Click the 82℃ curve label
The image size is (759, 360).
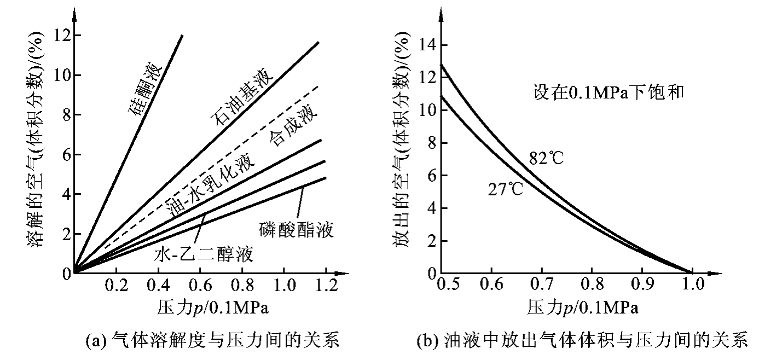click(x=547, y=158)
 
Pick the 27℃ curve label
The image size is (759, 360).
click(x=505, y=189)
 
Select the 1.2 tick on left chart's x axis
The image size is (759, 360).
click(x=325, y=285)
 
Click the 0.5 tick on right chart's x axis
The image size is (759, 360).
click(x=443, y=285)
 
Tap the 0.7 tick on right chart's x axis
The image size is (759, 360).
click(x=542, y=285)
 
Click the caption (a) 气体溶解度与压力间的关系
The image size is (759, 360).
click(x=213, y=342)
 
